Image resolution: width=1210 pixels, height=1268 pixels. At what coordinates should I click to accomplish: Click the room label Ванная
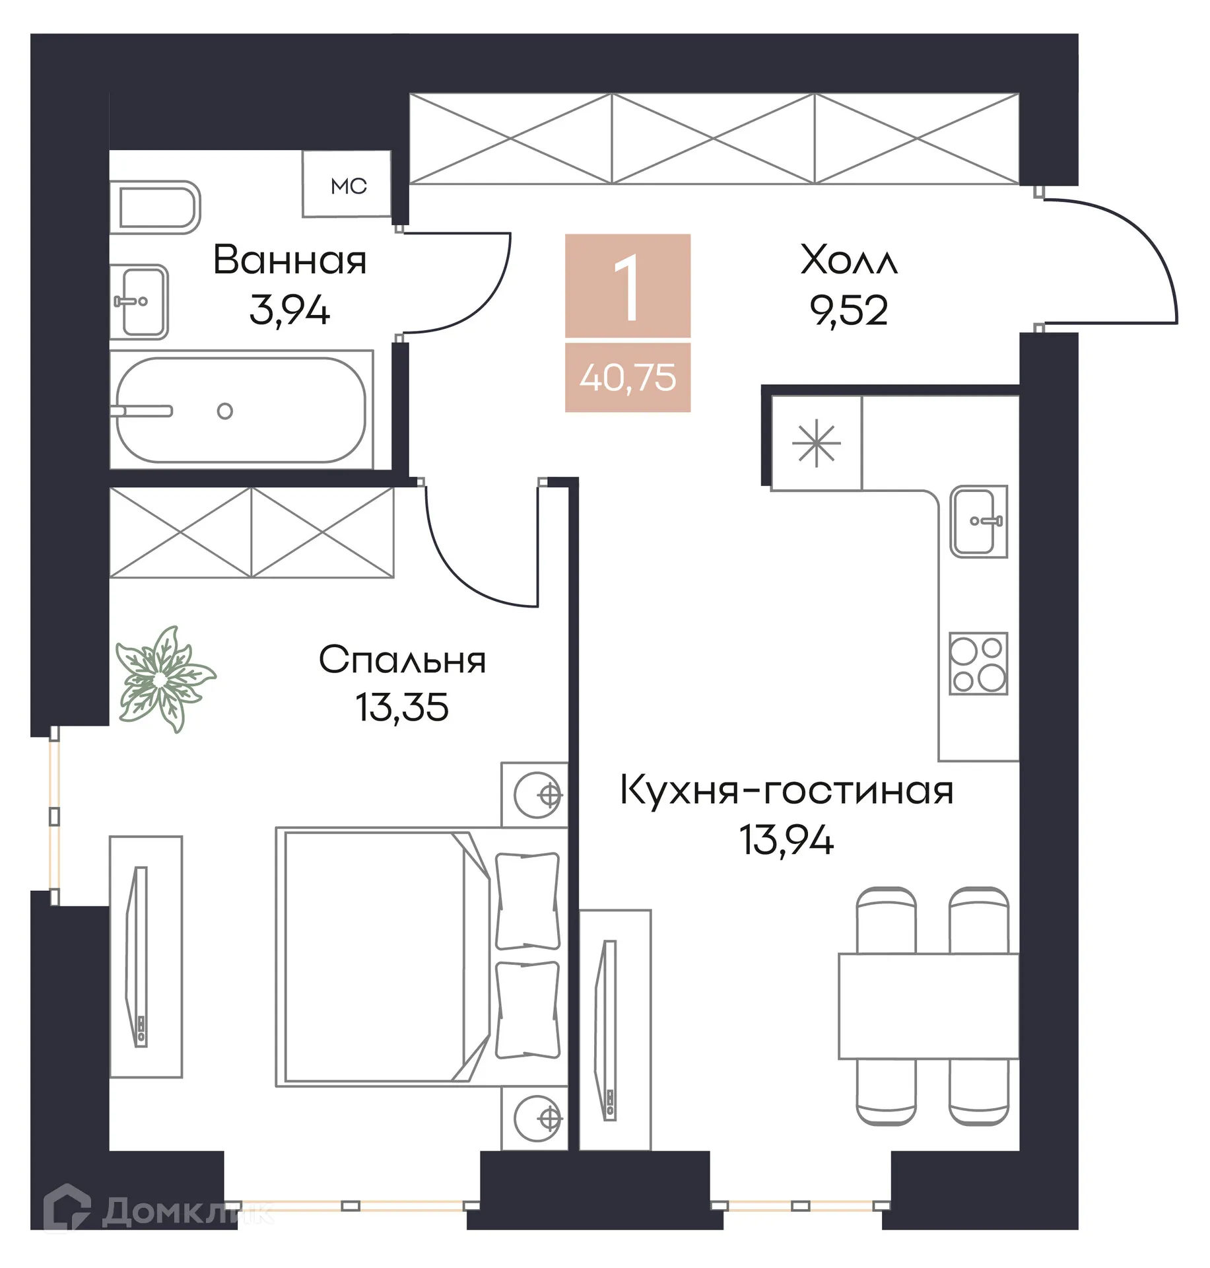289,260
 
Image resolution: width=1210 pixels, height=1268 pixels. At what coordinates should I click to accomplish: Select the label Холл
848,260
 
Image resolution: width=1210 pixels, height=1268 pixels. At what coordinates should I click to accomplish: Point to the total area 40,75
628,378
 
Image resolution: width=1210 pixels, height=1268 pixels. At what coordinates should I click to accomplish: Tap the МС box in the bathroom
348,186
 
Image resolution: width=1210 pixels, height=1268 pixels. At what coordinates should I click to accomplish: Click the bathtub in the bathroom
241,410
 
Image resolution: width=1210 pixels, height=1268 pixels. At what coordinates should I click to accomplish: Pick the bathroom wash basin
140,302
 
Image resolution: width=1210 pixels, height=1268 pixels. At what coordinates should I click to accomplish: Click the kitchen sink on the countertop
978,521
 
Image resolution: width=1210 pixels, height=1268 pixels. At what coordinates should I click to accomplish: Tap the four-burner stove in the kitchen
978,663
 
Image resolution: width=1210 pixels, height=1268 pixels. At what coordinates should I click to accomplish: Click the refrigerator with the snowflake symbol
817,443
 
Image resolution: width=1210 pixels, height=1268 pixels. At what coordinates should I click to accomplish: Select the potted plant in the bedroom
162,680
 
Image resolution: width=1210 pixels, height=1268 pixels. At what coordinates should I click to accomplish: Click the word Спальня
402,659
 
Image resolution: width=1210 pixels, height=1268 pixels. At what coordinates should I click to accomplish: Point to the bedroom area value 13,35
402,707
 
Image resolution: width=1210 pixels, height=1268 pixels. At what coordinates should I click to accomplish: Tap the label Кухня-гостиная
786,790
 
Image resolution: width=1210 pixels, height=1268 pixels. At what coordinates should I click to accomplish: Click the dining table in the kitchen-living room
928,1005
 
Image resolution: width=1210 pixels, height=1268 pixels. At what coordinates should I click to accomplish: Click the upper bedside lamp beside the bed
538,794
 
